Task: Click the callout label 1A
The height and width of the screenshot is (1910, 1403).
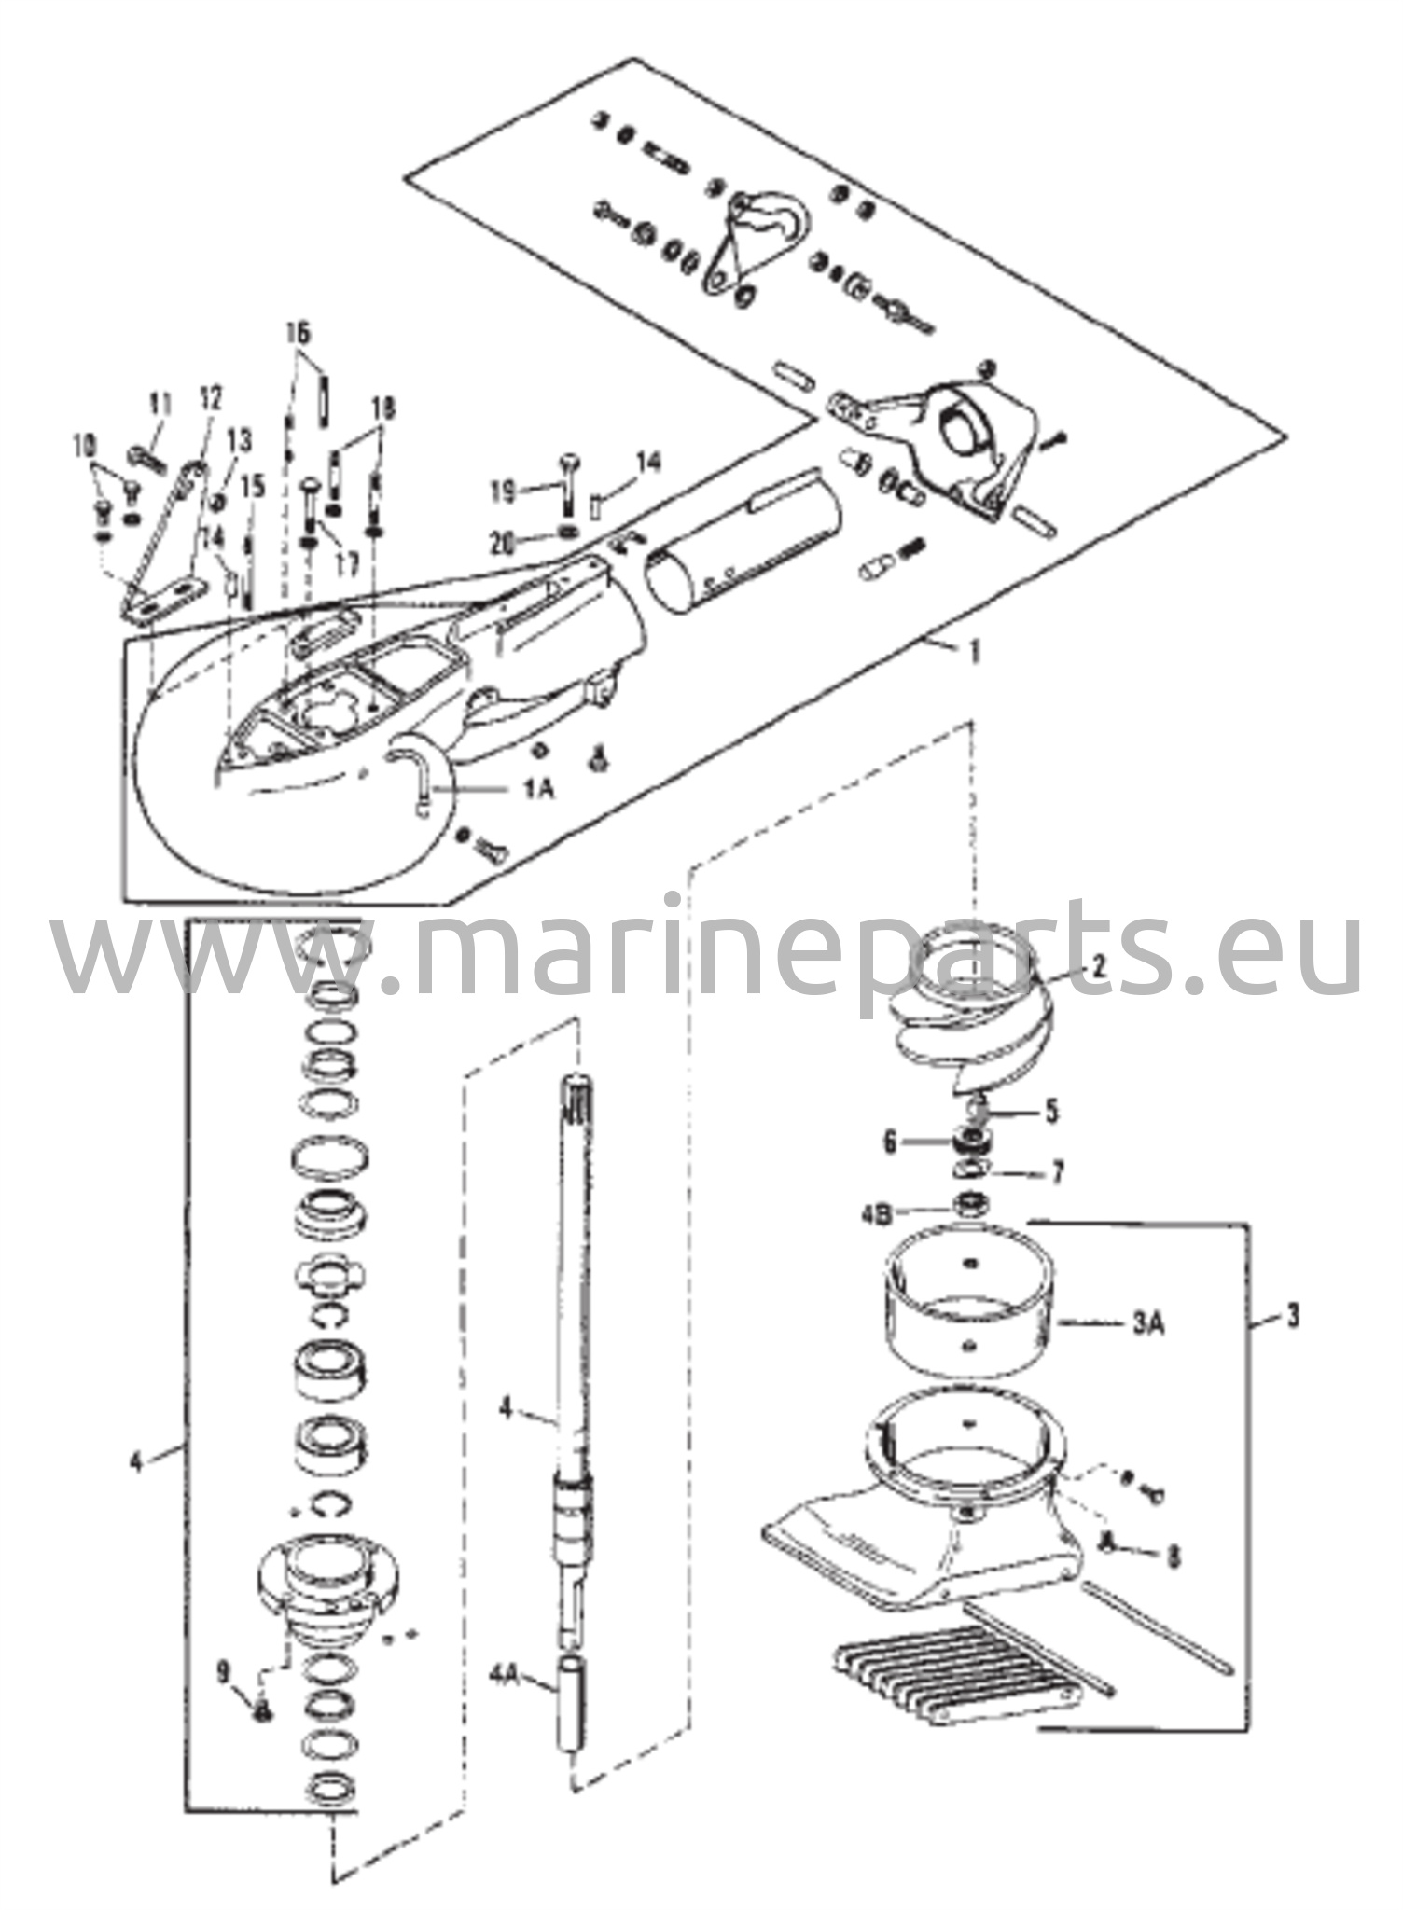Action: click(x=538, y=789)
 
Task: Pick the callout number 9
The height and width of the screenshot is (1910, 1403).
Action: click(x=224, y=1674)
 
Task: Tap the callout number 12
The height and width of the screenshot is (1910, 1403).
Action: click(x=212, y=399)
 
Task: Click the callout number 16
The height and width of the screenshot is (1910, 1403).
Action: click(x=299, y=333)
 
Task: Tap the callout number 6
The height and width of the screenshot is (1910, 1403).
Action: click(x=889, y=1142)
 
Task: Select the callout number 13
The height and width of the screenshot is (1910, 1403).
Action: click(x=240, y=437)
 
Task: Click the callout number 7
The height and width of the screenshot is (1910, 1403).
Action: click(x=1057, y=1172)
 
